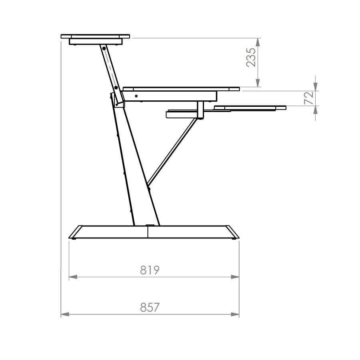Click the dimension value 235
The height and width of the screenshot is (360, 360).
[250, 57]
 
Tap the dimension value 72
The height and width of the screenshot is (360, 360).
[309, 98]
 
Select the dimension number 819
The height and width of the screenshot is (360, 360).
[150, 270]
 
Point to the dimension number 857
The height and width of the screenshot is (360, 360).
[150, 308]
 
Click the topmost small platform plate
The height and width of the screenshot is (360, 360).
[95, 36]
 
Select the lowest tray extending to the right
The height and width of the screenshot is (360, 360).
[250, 108]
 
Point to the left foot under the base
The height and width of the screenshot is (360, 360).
[74, 239]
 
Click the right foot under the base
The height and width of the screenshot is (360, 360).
[234, 239]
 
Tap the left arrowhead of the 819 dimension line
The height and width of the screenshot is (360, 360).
[72, 276]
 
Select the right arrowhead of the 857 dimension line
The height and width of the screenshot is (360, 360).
[236, 314]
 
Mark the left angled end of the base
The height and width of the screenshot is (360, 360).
[76, 232]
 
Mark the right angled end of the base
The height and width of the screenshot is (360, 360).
[233, 232]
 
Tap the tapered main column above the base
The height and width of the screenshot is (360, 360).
[134, 168]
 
